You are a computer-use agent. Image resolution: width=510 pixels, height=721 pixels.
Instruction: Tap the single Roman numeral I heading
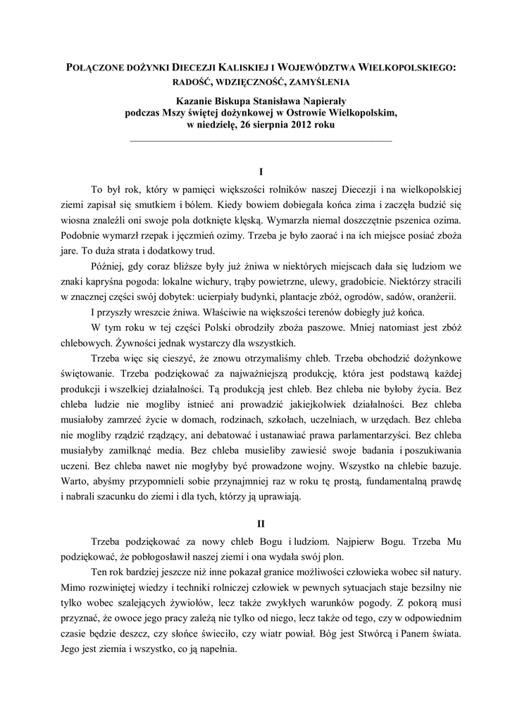click(x=261, y=172)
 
